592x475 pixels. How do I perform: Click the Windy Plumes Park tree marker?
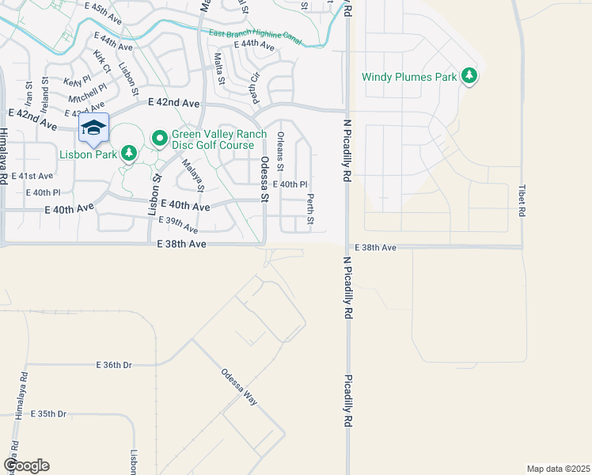471,76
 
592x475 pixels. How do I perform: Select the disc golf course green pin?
158,139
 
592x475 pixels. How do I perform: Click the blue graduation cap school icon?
93,127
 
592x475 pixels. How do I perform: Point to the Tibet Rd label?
522,201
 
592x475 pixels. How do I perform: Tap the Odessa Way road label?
239,387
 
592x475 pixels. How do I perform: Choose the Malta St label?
220,69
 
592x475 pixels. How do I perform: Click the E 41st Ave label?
36,176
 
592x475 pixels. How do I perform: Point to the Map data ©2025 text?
559,469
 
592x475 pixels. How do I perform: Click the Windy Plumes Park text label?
409,77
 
